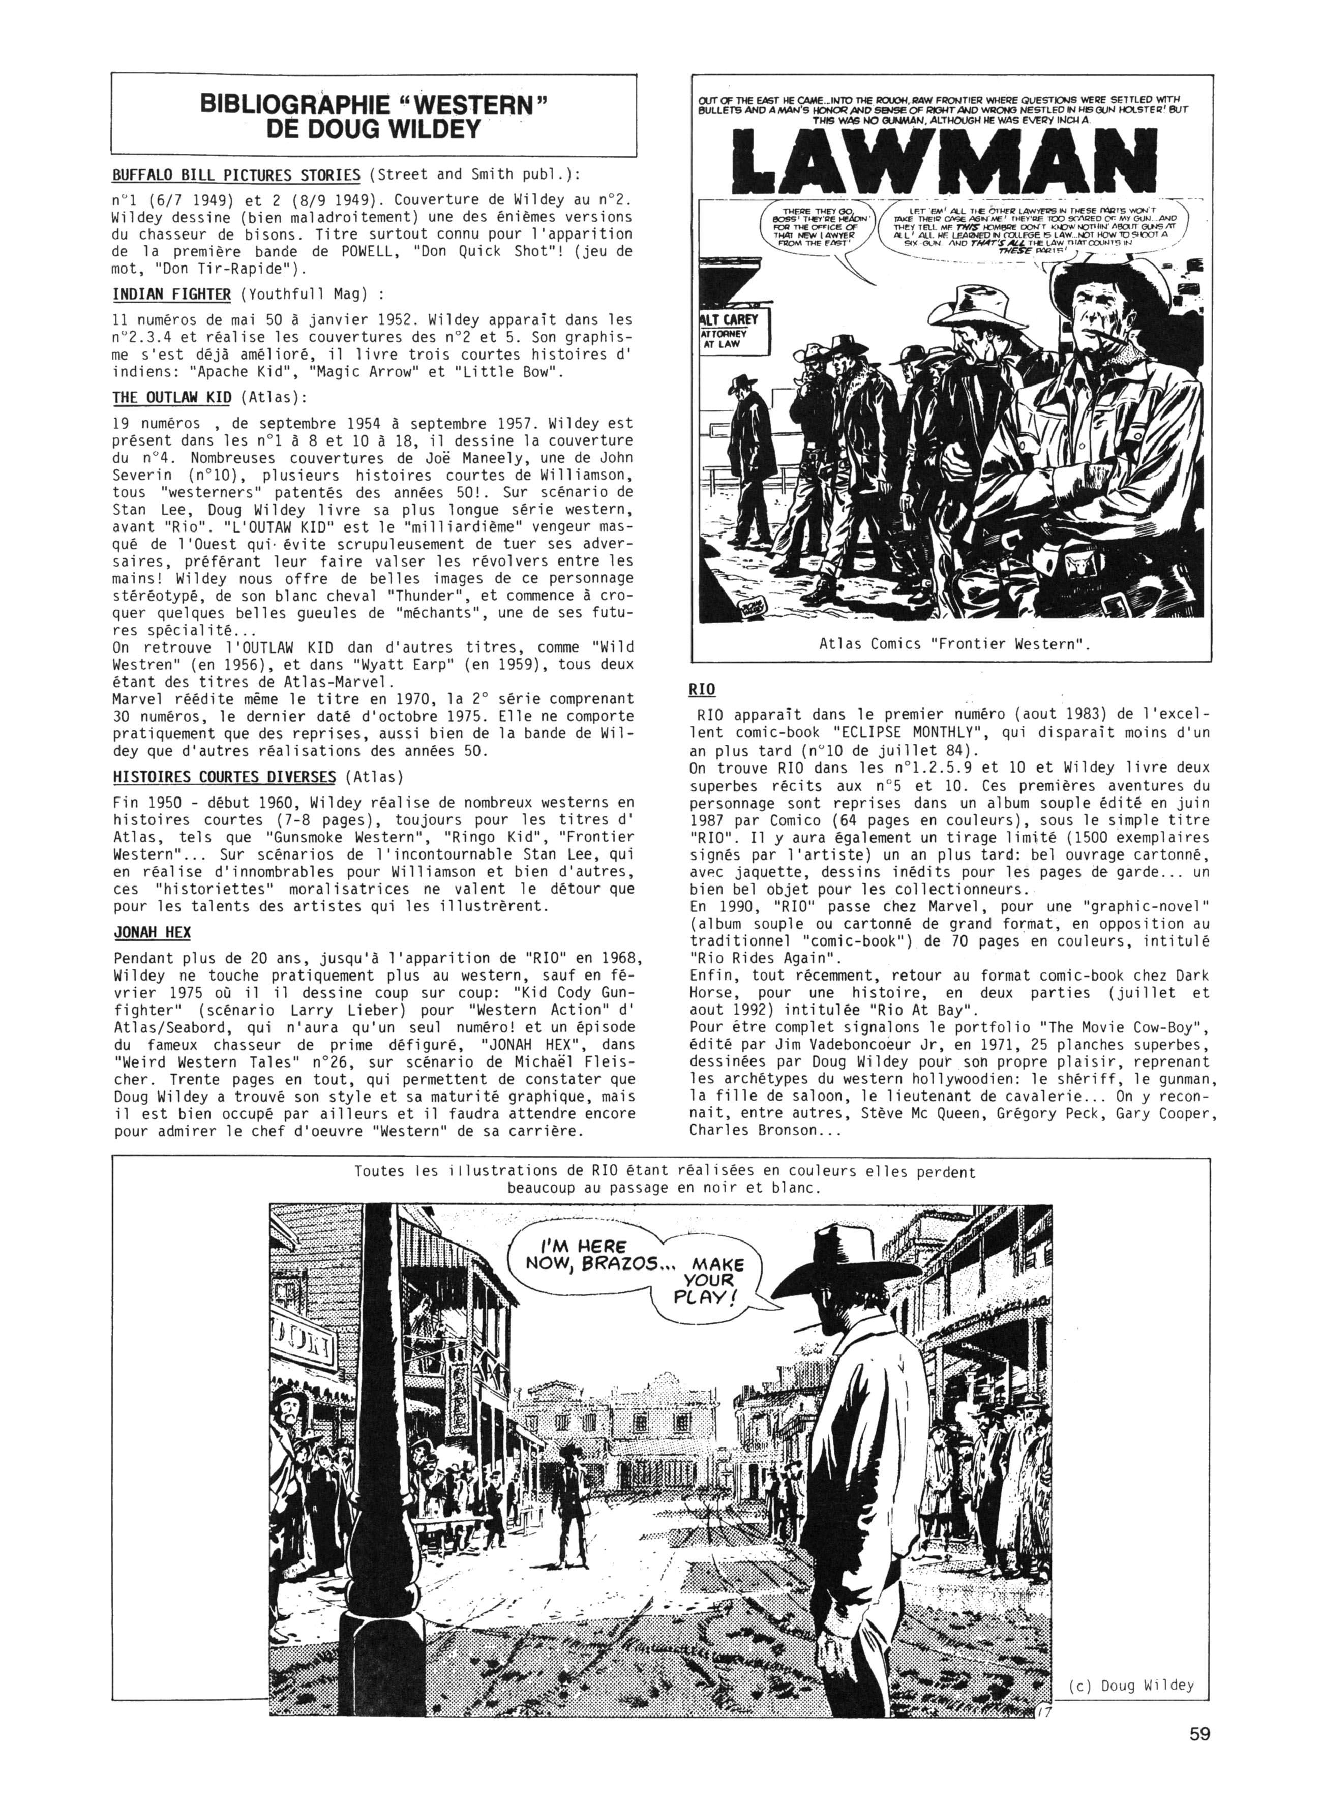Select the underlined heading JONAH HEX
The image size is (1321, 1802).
click(152, 933)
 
